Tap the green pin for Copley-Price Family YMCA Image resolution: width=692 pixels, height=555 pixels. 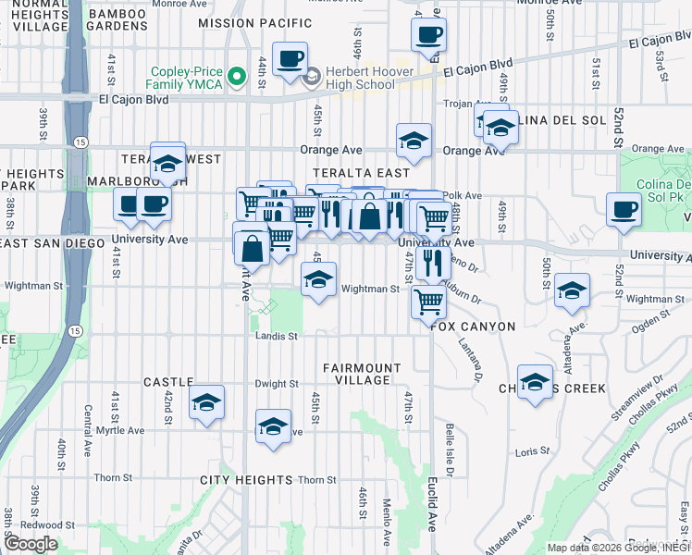tap(239, 76)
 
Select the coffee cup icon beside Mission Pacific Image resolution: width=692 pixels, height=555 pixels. tap(289, 58)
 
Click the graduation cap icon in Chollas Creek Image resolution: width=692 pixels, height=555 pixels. tap(535, 382)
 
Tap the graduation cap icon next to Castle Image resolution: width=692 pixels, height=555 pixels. tap(207, 402)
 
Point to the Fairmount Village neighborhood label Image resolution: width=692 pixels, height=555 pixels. tap(362, 374)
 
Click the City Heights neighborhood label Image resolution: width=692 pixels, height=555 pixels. tap(246, 480)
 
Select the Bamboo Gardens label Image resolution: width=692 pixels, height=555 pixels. tap(117, 18)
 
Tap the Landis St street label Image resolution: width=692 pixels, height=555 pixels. tap(277, 337)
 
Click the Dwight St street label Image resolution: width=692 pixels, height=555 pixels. tap(278, 384)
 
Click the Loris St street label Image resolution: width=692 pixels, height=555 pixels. tap(525, 451)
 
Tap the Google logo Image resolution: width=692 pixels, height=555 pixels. tap(31, 544)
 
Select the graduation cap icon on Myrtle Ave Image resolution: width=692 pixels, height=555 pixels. tap(272, 426)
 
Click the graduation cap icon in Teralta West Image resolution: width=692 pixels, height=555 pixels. tap(167, 164)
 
